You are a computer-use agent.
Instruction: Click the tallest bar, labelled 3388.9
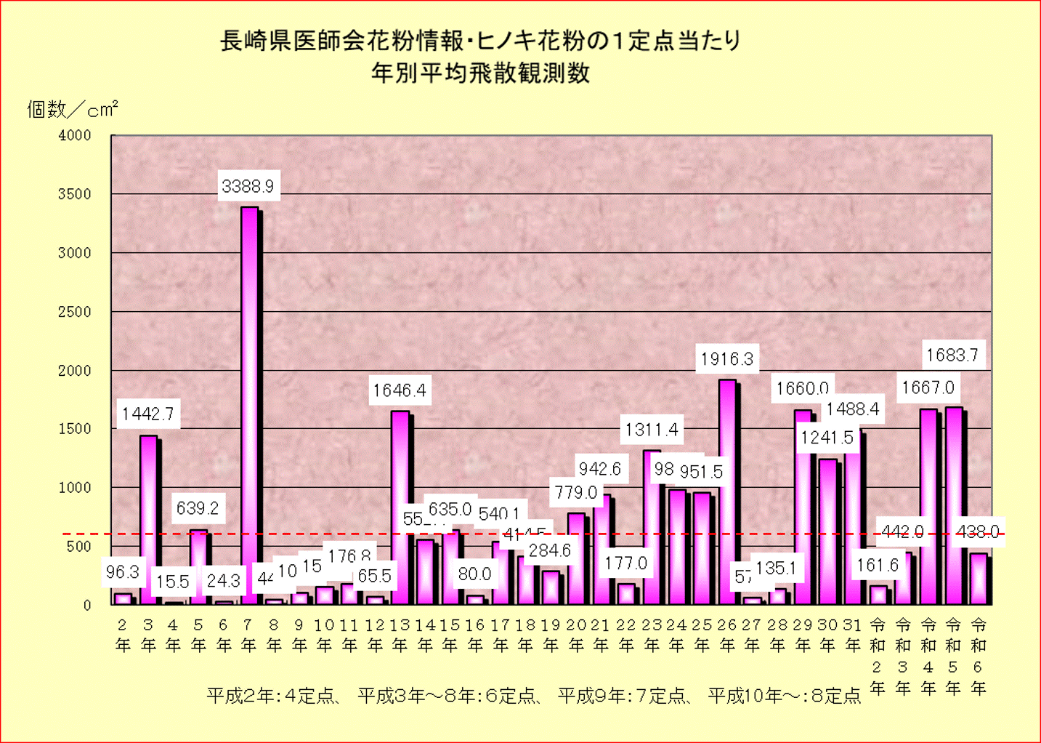click(x=249, y=407)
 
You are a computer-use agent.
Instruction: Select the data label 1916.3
click(x=726, y=359)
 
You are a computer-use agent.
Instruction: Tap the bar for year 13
click(x=400, y=509)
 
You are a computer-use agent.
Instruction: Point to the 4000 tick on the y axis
click(x=75, y=136)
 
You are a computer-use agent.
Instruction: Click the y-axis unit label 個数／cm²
click(x=72, y=110)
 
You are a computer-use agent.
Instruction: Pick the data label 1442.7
click(x=147, y=414)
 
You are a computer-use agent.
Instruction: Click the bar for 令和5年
click(x=953, y=509)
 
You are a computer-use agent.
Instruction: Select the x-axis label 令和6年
click(x=979, y=656)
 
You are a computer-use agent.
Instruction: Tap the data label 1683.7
click(x=952, y=356)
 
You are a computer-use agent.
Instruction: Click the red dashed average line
click(x=87, y=534)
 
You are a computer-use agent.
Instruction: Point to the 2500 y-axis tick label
click(x=75, y=312)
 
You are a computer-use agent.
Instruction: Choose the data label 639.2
click(x=198, y=508)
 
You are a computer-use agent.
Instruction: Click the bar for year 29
click(x=802, y=509)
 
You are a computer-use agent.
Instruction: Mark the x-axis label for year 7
click(x=248, y=635)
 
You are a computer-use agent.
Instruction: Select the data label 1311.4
click(x=652, y=430)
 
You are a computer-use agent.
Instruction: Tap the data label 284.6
click(x=549, y=551)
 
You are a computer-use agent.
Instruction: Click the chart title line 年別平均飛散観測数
click(x=480, y=73)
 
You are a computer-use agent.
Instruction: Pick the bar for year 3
click(x=148, y=520)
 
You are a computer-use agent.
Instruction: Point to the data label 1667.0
click(x=928, y=388)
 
